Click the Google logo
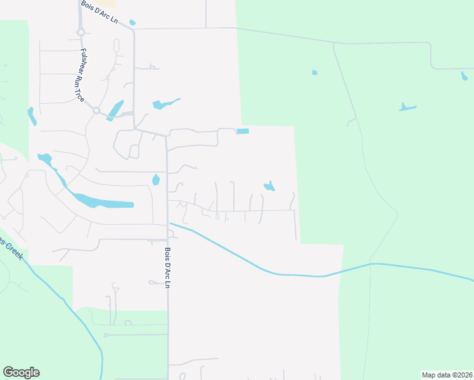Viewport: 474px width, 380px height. click(21, 372)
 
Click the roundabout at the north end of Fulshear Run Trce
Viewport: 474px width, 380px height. click(81, 32)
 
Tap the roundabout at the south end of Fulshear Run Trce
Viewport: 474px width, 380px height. click(96, 110)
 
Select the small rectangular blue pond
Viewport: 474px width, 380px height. click(243, 131)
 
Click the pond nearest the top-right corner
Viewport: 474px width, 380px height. click(464, 77)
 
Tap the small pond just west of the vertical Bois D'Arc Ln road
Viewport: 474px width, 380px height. click(156, 180)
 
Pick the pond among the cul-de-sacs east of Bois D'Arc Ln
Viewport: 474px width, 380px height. click(269, 186)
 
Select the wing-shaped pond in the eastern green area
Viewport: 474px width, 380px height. click(407, 107)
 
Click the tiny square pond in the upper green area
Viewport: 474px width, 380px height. click(314, 72)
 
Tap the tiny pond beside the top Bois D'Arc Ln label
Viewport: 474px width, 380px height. click(132, 23)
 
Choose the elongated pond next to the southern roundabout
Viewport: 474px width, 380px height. click(115, 110)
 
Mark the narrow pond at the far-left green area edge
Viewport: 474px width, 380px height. click(32, 116)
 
